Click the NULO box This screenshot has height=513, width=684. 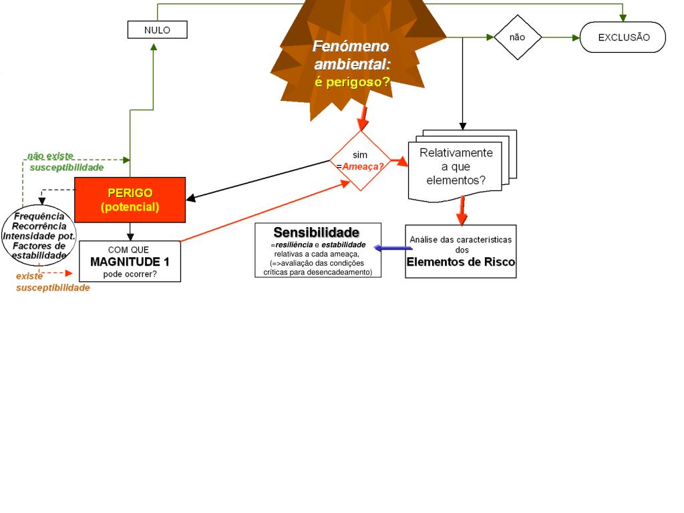[157, 30]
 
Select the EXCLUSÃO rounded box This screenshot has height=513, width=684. [623, 37]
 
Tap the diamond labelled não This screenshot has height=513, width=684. [517, 37]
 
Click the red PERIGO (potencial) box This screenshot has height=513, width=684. [130, 200]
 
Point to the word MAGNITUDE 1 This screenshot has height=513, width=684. [130, 261]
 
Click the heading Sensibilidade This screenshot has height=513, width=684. [316, 232]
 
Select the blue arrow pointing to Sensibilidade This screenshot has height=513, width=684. [393, 248]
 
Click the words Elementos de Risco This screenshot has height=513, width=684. [461, 262]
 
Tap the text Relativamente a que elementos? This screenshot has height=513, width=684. [456, 166]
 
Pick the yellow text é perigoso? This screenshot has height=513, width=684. [352, 82]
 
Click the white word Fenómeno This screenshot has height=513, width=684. [351, 47]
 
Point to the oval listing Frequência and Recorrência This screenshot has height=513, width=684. [39, 236]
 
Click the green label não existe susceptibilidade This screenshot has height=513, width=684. [65, 162]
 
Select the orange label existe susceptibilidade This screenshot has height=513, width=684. [53, 282]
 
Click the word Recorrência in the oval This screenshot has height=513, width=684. [39, 226]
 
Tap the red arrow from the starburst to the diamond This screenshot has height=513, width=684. [363, 118]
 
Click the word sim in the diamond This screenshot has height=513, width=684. [360, 155]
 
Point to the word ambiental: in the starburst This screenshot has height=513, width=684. [352, 64]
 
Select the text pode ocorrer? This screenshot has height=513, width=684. [130, 274]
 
